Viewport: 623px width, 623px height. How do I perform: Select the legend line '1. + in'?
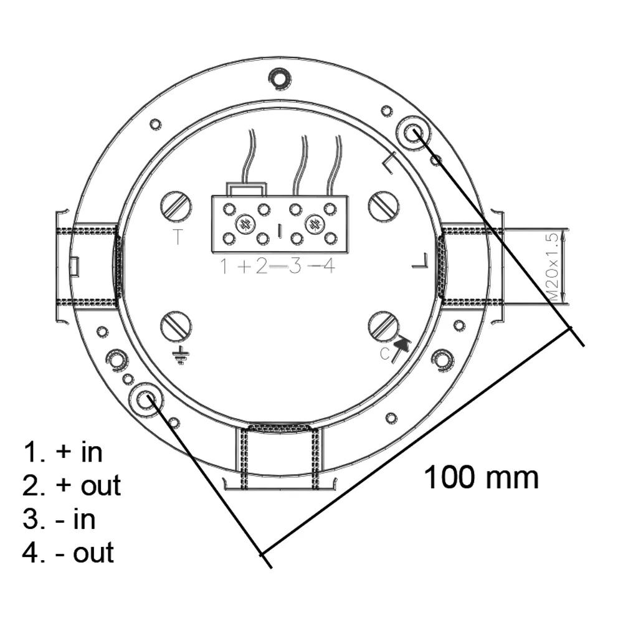click(62, 452)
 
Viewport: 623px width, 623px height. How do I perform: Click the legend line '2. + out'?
click(72, 485)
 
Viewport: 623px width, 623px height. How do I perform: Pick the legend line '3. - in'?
click(59, 519)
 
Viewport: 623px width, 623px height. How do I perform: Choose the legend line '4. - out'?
click(69, 553)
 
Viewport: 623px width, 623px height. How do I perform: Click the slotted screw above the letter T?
click(176, 206)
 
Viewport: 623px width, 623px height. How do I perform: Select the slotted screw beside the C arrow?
click(383, 326)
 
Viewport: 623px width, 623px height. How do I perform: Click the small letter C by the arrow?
click(385, 354)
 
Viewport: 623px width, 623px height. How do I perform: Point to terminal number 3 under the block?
click(295, 267)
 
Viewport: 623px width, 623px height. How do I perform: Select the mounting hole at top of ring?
click(280, 77)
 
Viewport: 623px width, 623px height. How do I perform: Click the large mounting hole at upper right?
click(412, 133)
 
